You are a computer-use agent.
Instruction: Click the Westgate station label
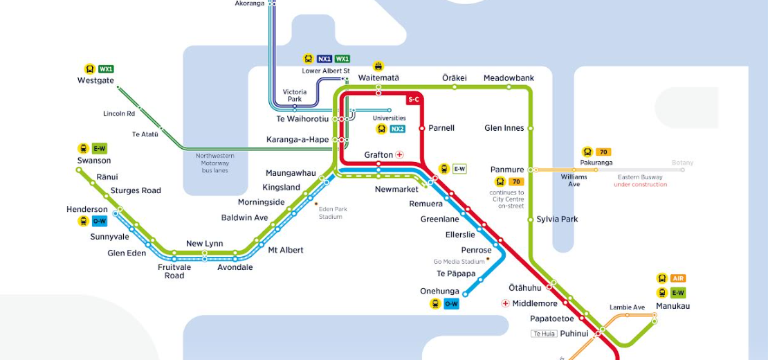pos(95,80)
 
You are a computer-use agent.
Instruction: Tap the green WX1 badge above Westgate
pos(106,69)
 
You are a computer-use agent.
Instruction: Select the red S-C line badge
pos(414,100)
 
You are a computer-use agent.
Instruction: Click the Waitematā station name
pos(378,78)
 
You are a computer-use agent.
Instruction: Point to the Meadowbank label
pos(509,78)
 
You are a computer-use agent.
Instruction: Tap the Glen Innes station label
pos(504,128)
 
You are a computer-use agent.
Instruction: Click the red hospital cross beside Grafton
pos(399,154)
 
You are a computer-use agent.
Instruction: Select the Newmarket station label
pos(396,189)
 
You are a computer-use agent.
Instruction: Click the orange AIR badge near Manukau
pos(678,278)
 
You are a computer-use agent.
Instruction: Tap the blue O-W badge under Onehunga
pos(451,304)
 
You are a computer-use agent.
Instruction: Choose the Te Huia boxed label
pos(543,334)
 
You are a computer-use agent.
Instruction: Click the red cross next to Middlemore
pos(506,303)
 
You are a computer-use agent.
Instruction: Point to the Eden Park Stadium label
pos(331,213)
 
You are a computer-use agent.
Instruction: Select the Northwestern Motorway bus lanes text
pos(214,163)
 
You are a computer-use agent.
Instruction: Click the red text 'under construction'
pos(640,185)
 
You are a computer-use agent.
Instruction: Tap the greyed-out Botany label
pos(682,163)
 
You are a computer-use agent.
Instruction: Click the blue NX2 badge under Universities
pos(397,129)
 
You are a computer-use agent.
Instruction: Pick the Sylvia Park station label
pos(557,219)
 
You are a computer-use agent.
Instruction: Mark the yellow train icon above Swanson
pos(83,148)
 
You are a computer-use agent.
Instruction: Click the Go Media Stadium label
pos(459,262)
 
